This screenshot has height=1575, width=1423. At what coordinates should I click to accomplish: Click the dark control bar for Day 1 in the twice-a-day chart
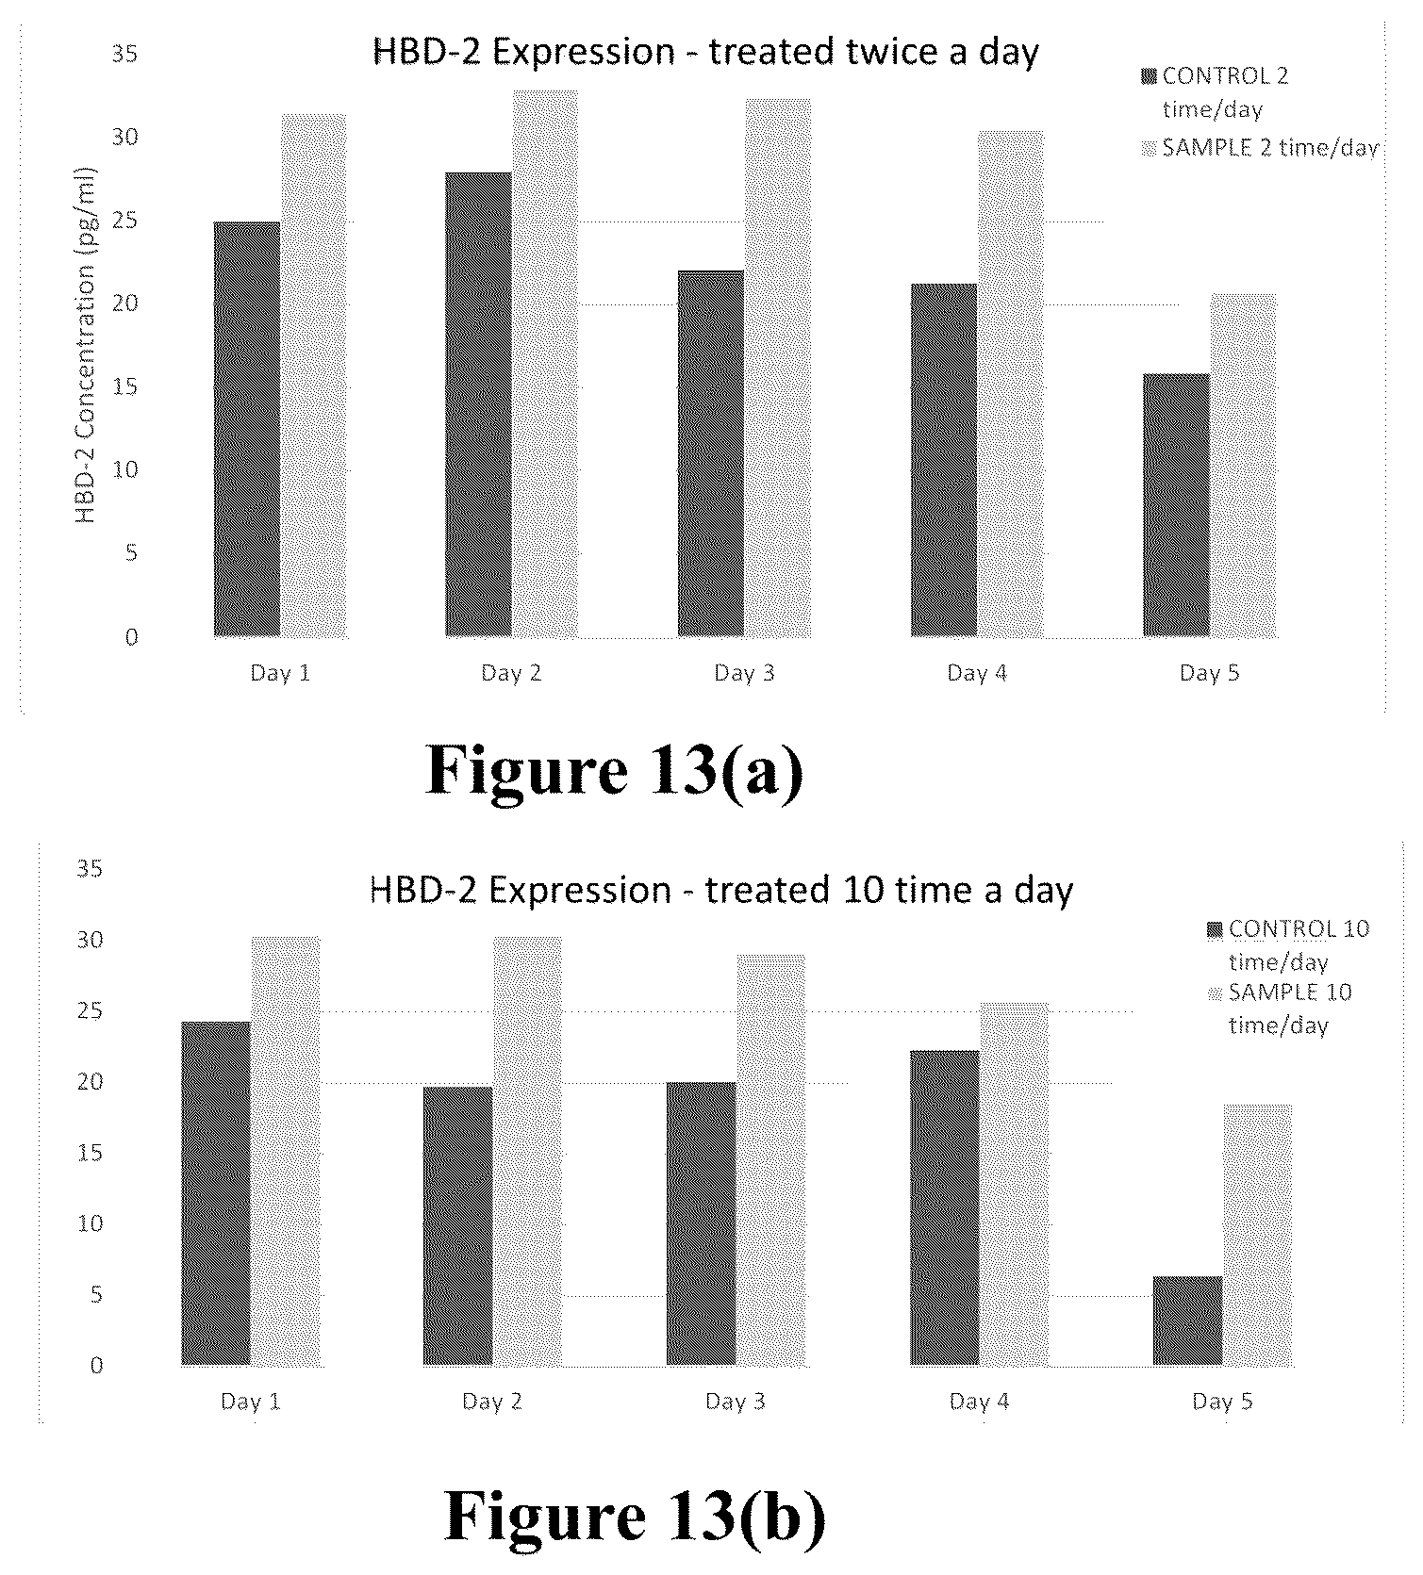pos(247,429)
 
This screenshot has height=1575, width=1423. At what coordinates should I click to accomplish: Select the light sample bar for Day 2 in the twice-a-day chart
pos(545,364)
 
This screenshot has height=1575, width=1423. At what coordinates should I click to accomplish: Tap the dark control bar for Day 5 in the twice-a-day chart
pos(1176,505)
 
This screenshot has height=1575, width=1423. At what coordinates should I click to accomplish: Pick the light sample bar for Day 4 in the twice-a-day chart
pos(1011,384)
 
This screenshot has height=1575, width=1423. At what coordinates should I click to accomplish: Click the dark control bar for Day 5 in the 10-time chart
pos(1187,1321)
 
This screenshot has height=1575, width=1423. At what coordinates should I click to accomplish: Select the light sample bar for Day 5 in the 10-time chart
pos(1258,1235)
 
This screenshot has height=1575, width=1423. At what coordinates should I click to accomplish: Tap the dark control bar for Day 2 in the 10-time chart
pos(457,1225)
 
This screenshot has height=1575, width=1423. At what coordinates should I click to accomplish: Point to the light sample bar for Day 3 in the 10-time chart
pos(771,1159)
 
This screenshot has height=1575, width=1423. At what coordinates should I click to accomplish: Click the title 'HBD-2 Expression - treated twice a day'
pos(705,52)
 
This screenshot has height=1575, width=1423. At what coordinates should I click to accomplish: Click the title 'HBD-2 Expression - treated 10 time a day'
pos(720,890)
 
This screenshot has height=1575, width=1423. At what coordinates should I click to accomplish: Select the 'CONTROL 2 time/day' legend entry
pos(1216,91)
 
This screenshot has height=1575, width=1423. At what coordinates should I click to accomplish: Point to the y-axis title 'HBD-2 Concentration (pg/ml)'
pos(86,345)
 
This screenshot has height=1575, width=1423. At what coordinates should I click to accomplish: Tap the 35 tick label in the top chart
pos(124,54)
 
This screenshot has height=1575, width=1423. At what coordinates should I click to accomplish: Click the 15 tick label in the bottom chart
pos(91,1153)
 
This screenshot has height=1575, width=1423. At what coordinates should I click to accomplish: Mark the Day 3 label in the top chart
pos(744,673)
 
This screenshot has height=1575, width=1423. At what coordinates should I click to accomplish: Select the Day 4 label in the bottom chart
pos(979,1402)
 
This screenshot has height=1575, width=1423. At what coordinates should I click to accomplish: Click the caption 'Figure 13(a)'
pos(615,771)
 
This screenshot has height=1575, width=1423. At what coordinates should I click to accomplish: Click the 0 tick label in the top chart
pos(131,637)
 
